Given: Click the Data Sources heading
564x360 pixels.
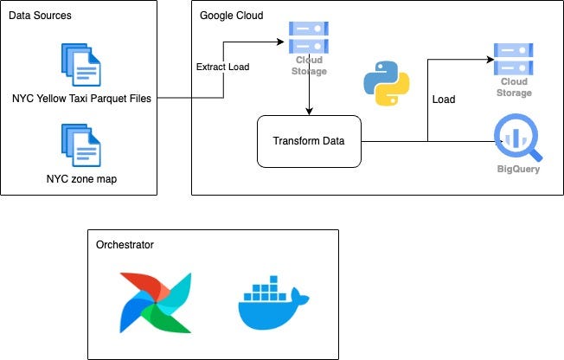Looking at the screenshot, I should pos(41,16).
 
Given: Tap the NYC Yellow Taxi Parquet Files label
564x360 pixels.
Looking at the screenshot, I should pos(81,99).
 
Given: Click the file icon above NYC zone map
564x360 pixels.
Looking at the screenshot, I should pos(80,145).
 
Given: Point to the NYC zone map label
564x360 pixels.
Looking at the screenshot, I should pos(81,180).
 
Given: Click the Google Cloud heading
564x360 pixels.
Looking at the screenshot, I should pos(231,16).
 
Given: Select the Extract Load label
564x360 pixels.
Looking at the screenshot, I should pos(223,67).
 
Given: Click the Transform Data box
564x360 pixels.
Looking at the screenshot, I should pos(309,141).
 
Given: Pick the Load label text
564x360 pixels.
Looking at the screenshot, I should pos(443,100).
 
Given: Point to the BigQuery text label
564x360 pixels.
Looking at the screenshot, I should pos(516,170).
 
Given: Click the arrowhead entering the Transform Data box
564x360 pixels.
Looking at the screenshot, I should pos(309,110).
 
